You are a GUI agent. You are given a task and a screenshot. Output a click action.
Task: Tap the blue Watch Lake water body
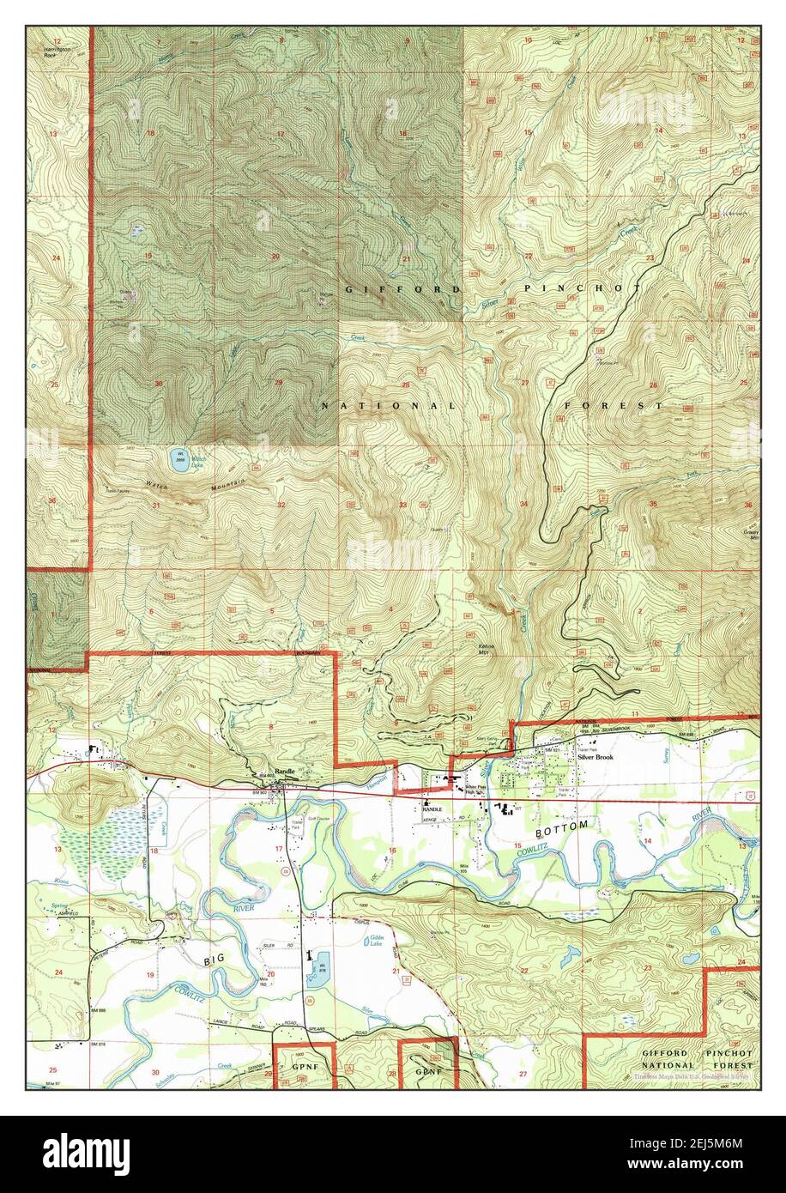[179, 461]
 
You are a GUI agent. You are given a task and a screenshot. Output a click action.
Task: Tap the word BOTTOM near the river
[562, 826]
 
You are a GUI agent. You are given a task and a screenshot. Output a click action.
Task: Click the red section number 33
[402, 505]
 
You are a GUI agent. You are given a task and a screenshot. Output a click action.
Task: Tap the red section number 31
[156, 506]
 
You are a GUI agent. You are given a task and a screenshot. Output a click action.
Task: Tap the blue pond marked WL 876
[320, 966]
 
